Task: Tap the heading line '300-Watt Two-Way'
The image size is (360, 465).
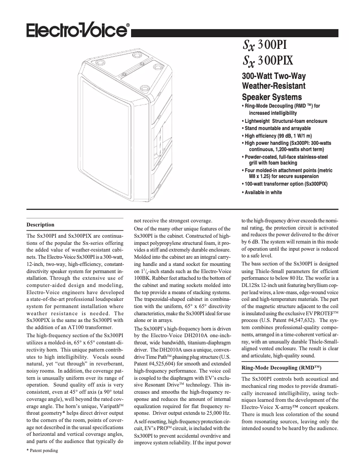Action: click(x=274, y=76)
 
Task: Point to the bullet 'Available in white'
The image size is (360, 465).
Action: click(x=263, y=192)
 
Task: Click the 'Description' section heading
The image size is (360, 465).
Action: click(x=40, y=225)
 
